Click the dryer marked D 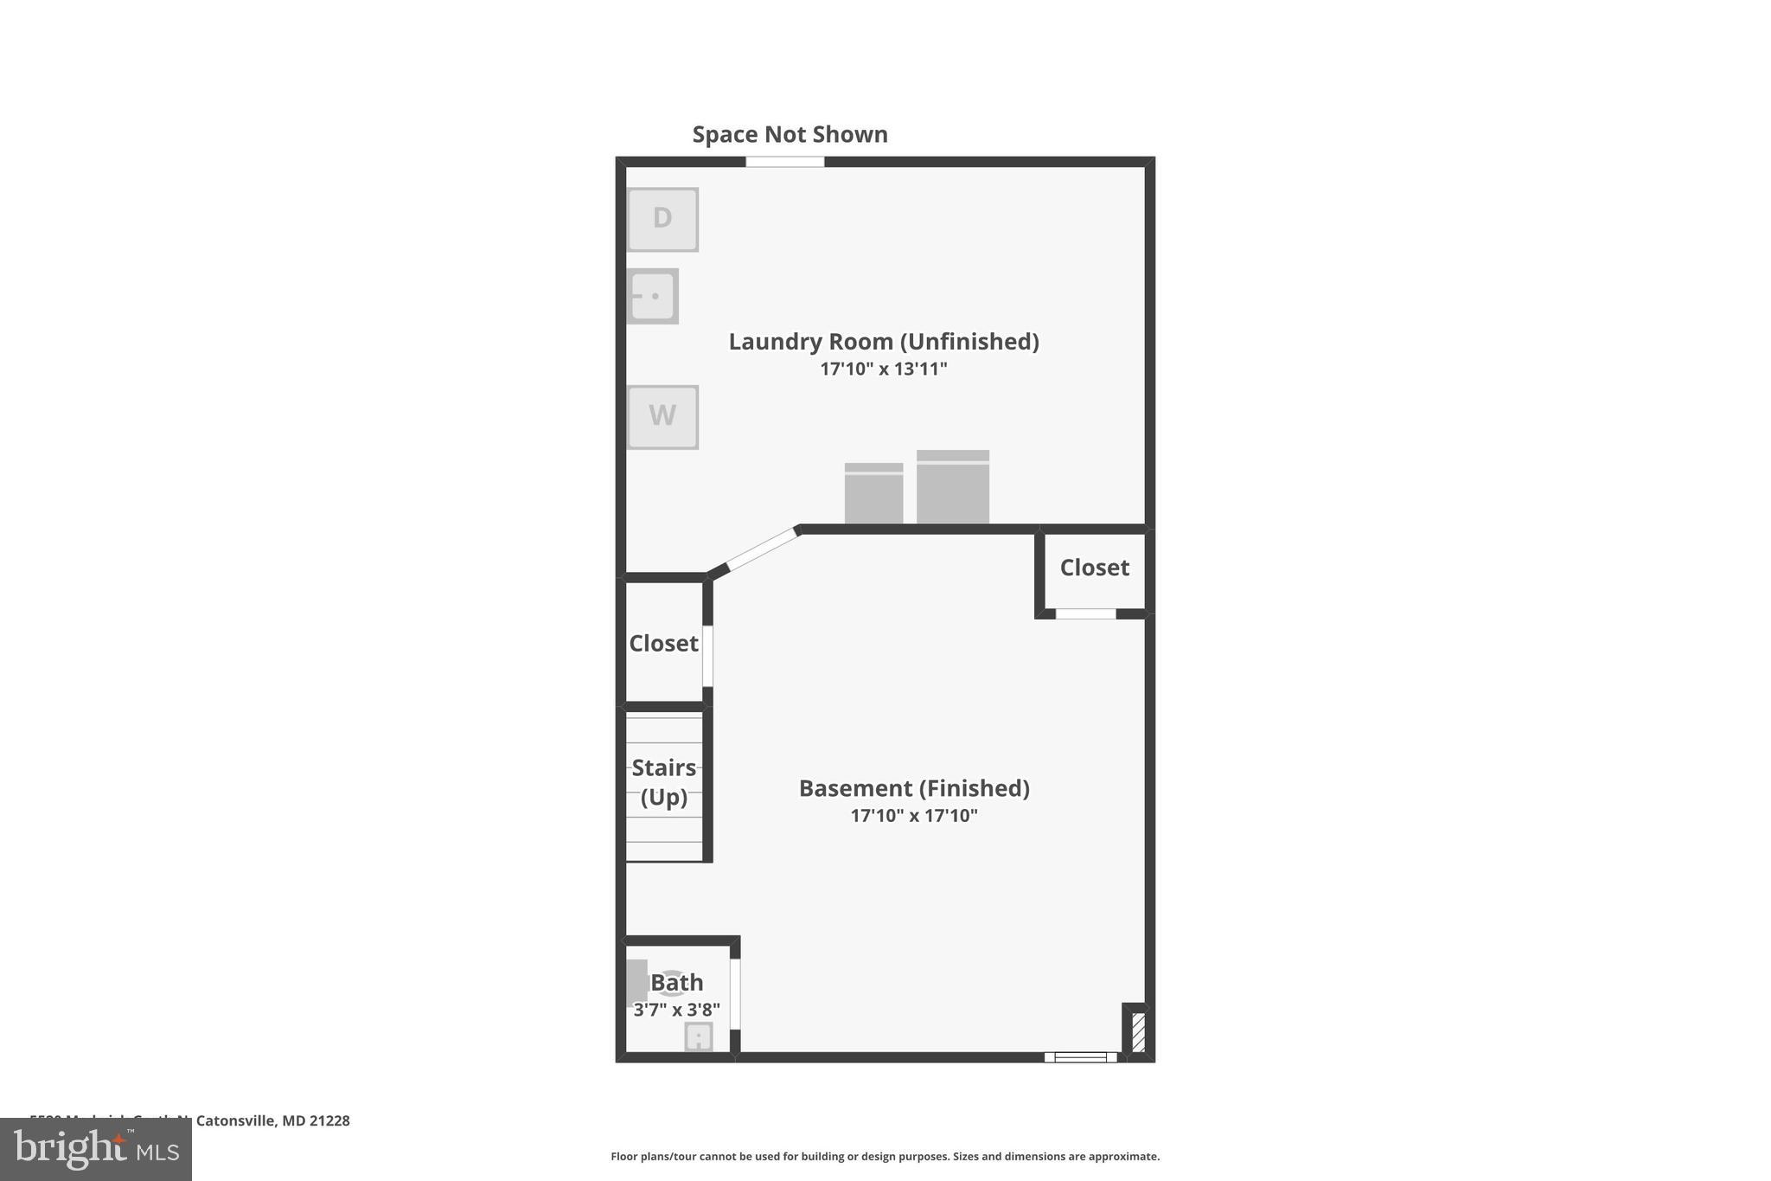click(x=662, y=219)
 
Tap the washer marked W click(x=662, y=416)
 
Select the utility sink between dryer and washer click(x=652, y=296)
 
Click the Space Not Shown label click(x=790, y=134)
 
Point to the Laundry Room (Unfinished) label click(x=883, y=341)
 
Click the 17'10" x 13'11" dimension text click(x=883, y=369)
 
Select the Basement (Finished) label click(x=913, y=788)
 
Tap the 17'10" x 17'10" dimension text click(x=913, y=815)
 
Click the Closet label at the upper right click(x=1094, y=568)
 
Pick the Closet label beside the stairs click(x=662, y=643)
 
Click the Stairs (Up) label click(x=663, y=781)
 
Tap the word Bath click(x=676, y=982)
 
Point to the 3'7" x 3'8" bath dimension click(x=676, y=1010)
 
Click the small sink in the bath click(x=698, y=1037)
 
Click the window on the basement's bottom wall click(x=1080, y=1056)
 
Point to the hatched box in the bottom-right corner click(x=1138, y=1031)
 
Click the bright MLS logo click(x=95, y=1149)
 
